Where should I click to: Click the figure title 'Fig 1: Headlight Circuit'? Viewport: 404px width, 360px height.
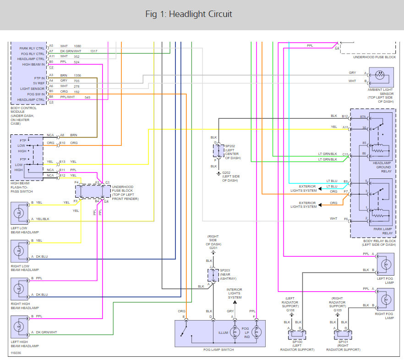point(189,14)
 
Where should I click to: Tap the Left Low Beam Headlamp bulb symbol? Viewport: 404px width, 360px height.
point(19,213)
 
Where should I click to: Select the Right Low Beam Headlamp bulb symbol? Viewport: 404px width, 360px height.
point(19,251)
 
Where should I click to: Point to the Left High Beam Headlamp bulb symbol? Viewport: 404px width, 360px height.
point(19,327)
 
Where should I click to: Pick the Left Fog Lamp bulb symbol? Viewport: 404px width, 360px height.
point(386,264)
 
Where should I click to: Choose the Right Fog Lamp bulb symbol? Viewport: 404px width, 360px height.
point(386,299)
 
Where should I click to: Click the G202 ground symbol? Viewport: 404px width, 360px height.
point(218,174)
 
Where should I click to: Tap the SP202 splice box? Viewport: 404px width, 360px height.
point(218,151)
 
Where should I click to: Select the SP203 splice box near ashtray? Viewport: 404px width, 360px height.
point(213,275)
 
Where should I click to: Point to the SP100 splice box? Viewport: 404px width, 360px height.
point(297,335)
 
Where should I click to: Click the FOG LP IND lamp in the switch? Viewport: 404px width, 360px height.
point(257,332)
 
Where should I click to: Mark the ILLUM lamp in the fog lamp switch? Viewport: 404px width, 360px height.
point(235,332)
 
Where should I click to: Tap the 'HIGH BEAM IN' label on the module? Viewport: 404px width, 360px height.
point(33,65)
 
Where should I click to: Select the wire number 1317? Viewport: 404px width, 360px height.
point(94,51)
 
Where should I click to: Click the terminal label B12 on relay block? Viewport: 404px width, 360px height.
point(345,116)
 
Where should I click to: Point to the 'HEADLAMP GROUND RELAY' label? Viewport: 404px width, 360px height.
point(382,167)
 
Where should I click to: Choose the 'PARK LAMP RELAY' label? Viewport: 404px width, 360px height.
point(383,231)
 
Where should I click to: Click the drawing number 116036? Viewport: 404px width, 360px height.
point(16,353)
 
